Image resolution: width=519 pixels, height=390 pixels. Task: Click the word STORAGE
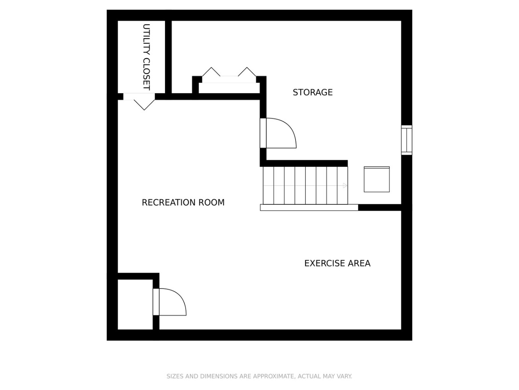pos(312,92)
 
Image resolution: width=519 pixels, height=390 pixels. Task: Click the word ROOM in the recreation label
pos(211,202)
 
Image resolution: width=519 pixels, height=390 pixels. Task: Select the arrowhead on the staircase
pos(345,186)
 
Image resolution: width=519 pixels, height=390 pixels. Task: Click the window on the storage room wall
pos(406,140)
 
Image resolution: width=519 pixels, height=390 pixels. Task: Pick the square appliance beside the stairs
pos(376,179)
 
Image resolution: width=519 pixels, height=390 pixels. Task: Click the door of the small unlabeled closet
pos(156,302)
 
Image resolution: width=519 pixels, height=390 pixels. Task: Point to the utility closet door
pos(139,97)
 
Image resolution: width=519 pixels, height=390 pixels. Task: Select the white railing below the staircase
pos(309,207)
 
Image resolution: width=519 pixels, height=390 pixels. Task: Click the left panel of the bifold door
pos(211,71)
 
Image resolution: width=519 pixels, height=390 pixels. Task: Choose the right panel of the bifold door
pos(247,71)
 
